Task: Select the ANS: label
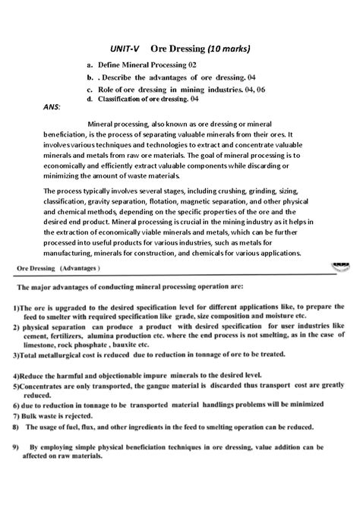coord(47,107)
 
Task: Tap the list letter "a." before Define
coord(90,67)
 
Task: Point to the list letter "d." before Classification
coord(90,99)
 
